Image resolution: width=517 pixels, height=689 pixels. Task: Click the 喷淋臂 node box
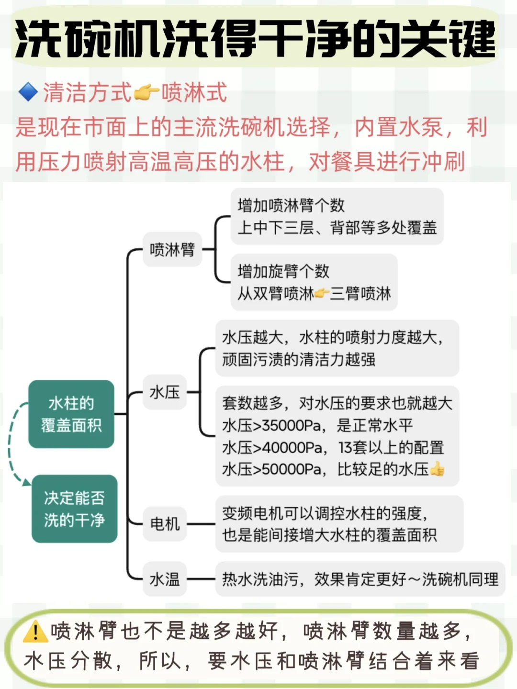point(172,250)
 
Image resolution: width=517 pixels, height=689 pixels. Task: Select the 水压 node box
point(165,392)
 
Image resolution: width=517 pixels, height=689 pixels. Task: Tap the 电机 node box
point(165,524)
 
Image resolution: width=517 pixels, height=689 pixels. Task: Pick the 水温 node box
point(165,579)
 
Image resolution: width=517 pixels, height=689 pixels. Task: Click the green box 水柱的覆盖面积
point(71,414)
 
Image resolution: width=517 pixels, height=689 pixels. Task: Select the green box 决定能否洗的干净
point(74,509)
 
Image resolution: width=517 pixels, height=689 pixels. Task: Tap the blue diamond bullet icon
point(28,92)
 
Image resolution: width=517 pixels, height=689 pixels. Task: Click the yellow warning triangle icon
point(35,632)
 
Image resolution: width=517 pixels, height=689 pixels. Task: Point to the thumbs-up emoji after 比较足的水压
point(438,469)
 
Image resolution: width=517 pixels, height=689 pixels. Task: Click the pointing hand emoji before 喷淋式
point(146,92)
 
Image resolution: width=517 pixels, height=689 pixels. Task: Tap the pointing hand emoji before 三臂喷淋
point(322,293)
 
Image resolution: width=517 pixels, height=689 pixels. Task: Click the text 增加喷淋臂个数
point(291,205)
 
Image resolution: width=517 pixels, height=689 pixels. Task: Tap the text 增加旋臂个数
point(283,271)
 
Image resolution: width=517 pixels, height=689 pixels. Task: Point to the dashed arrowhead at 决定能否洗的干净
point(26,482)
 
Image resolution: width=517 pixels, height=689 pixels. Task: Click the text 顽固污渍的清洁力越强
point(299,359)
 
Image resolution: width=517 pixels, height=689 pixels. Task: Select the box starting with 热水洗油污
point(360,579)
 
